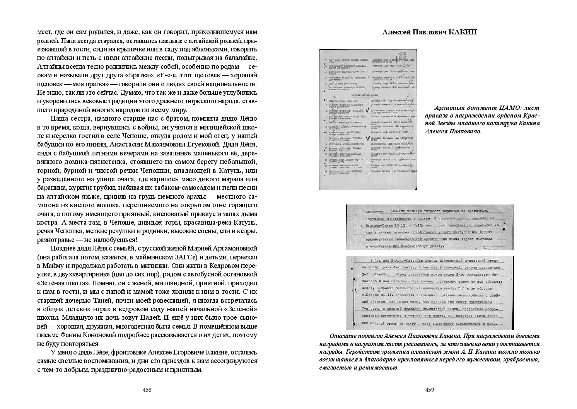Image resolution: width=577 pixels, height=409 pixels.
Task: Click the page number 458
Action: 147,390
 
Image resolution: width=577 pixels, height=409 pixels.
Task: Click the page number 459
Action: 430,390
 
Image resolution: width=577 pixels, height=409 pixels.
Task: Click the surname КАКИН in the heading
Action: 463,32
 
